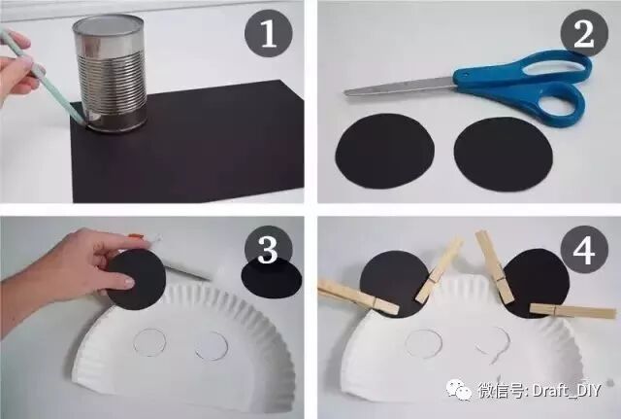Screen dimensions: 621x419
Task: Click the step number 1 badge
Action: click(269, 33)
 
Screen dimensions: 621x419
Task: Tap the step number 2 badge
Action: click(584, 33)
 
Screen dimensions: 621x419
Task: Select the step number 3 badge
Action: click(268, 250)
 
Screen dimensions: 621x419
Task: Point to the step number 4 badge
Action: click(584, 249)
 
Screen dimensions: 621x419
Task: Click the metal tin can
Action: click(110, 74)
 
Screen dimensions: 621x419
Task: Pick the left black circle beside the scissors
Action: click(385, 152)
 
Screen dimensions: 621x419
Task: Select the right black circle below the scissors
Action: click(503, 155)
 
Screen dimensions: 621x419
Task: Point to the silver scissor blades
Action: click(400, 87)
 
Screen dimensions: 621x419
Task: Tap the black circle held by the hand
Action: click(137, 280)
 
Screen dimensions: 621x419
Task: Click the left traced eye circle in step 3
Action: click(149, 342)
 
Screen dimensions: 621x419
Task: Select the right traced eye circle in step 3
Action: click(212, 345)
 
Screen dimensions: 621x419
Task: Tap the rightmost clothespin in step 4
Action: click(572, 311)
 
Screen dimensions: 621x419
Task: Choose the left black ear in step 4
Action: click(395, 284)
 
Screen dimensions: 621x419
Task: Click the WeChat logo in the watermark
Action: click(459, 389)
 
